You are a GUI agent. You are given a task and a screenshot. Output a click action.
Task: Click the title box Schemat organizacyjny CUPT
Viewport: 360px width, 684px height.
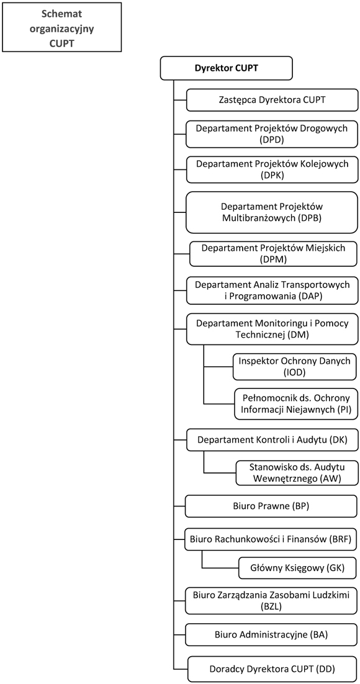[61, 27]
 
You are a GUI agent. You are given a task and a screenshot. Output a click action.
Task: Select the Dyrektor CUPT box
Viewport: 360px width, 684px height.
[226, 68]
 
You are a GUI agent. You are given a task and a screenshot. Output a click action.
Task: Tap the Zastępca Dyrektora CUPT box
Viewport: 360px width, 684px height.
[272, 100]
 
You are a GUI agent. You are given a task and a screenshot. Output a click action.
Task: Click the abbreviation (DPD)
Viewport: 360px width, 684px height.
[272, 140]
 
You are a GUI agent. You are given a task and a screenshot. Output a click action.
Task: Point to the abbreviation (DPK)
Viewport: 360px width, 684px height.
[272, 175]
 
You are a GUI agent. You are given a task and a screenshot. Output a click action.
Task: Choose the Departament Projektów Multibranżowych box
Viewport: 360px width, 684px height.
[272, 212]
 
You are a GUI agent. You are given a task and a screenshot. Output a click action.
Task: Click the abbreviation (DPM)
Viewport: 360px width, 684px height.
[274, 259]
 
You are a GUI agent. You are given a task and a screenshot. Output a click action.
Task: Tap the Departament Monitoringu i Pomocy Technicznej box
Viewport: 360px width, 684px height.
[272, 330]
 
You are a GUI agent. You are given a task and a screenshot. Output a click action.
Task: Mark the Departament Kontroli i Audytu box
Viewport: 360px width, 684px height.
[272, 439]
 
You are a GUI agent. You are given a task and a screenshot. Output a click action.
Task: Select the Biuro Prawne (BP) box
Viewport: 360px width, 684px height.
[272, 506]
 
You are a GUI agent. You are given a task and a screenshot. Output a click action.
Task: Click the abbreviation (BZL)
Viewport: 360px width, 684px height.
[272, 606]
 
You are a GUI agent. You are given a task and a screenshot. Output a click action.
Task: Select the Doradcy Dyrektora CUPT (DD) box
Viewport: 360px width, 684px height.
[273, 668]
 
